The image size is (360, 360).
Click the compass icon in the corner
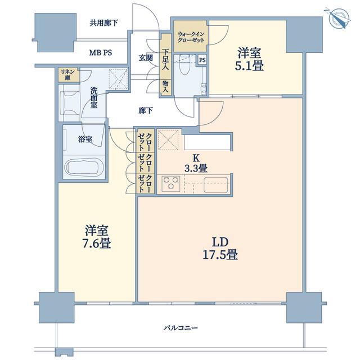(x=337, y=18)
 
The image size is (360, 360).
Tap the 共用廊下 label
(x=103, y=23)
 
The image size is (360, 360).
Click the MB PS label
(x=101, y=53)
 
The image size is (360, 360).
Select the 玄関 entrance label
(x=146, y=57)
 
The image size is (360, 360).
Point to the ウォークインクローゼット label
(x=191, y=37)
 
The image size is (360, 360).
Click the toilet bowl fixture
(x=185, y=65)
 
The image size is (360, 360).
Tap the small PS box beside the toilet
(x=202, y=60)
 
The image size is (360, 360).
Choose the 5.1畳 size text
(x=249, y=66)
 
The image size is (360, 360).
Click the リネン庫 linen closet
(x=67, y=75)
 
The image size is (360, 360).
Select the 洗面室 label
(x=94, y=97)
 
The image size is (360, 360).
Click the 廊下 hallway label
(x=146, y=111)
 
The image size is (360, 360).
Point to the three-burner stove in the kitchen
(x=171, y=184)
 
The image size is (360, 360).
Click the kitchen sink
(x=216, y=184)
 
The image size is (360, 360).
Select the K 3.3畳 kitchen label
(x=196, y=163)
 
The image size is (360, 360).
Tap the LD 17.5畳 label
(x=220, y=249)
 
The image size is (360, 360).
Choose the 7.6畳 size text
(x=96, y=244)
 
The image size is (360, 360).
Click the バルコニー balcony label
(x=181, y=327)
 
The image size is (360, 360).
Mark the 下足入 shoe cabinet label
(x=165, y=59)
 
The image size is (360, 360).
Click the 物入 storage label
(x=165, y=87)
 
